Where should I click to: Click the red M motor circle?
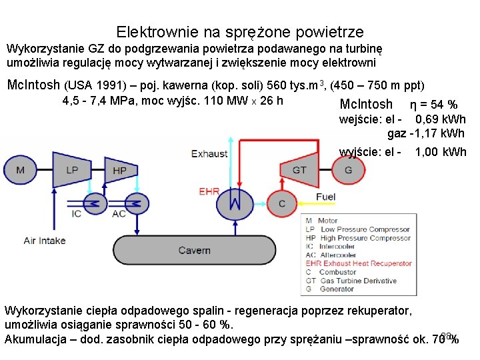(x=20, y=170)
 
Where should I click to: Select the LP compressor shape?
(x=71, y=169)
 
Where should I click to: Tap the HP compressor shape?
(x=119, y=170)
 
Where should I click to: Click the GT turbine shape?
(x=299, y=169)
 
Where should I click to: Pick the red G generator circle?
(x=349, y=169)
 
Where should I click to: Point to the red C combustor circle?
(x=282, y=203)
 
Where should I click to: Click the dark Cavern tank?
(x=195, y=251)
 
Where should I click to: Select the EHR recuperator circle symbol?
(x=235, y=201)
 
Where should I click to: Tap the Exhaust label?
(x=209, y=154)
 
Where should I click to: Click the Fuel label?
(x=325, y=197)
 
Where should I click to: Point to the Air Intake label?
(x=45, y=240)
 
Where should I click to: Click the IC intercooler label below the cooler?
(x=77, y=213)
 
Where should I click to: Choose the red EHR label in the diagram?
(x=209, y=191)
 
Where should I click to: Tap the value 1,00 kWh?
(x=440, y=152)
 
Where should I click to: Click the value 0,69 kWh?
(x=440, y=120)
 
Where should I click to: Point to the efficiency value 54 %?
(x=443, y=104)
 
